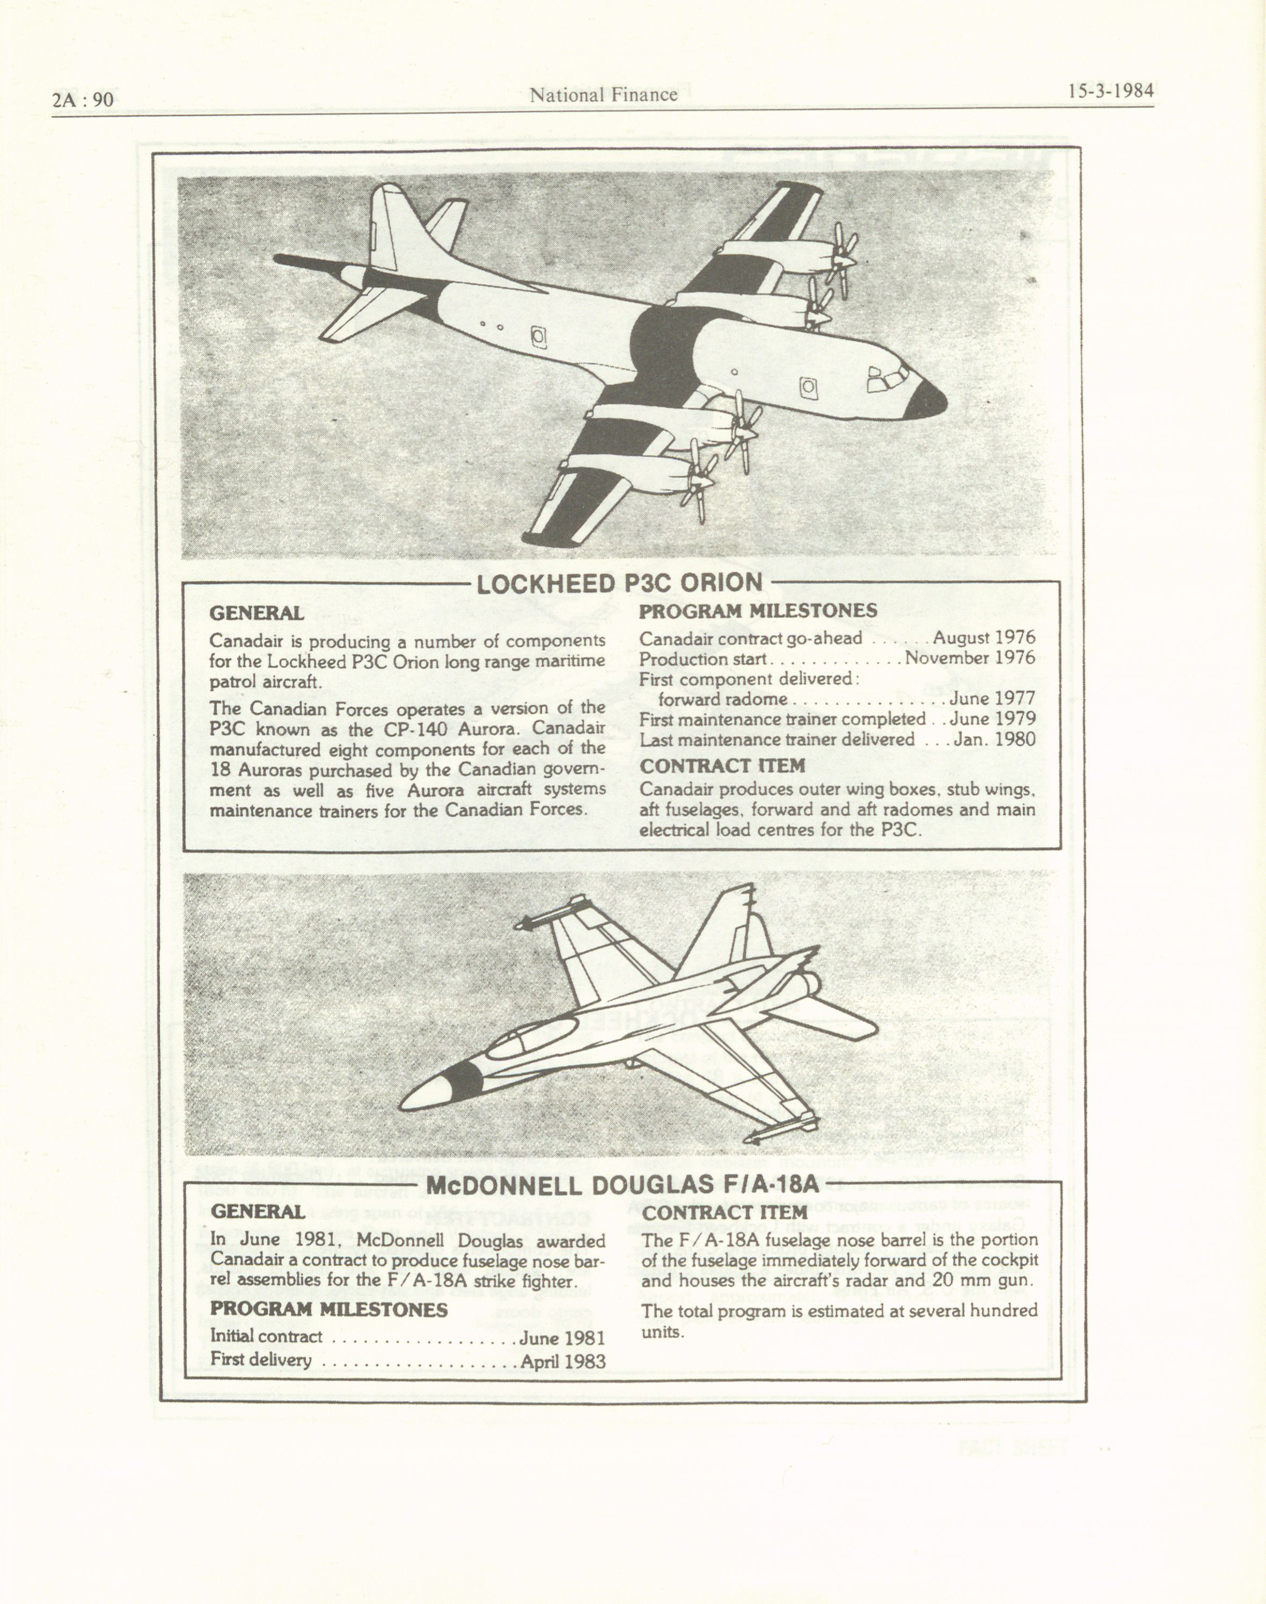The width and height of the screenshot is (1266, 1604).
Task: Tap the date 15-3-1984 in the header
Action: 1110,91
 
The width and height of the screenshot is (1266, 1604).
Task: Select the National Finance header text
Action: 603,95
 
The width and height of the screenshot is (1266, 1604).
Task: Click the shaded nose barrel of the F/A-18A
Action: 465,1083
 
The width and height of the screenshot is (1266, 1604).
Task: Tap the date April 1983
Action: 562,1361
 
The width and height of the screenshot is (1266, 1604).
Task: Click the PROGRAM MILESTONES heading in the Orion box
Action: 758,611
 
